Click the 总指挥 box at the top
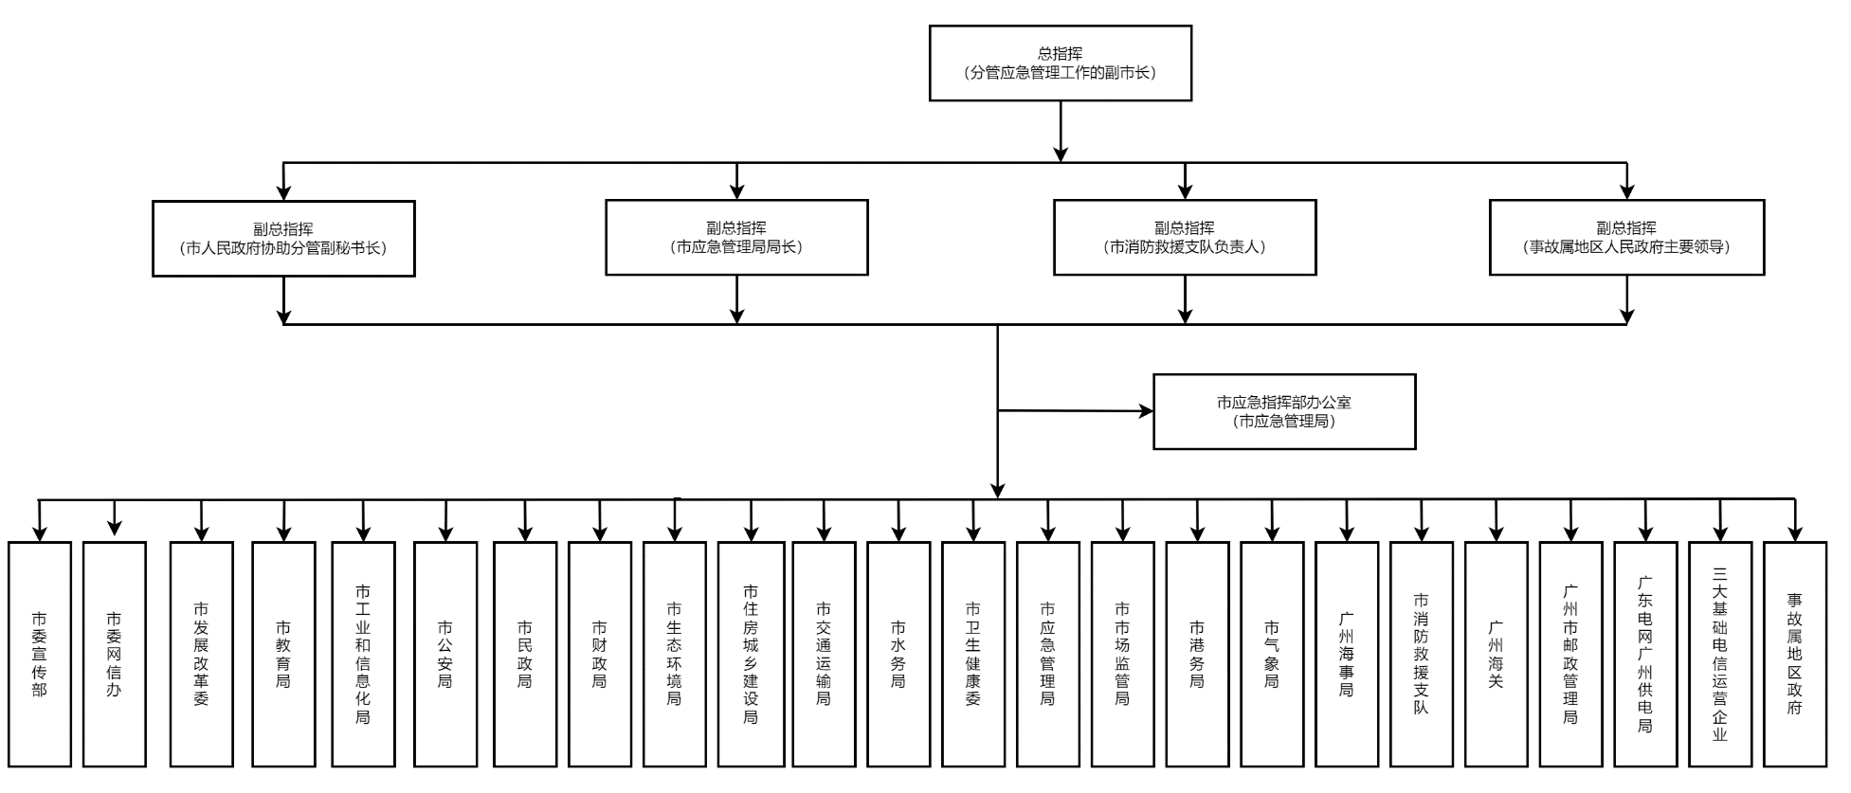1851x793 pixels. coord(1060,63)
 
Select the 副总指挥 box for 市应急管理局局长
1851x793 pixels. coord(736,238)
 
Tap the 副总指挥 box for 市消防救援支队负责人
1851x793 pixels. coord(1185,238)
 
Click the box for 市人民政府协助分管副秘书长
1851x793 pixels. coord(283,239)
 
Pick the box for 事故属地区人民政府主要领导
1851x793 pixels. coord(1626,238)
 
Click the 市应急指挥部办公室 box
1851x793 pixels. coord(1284,411)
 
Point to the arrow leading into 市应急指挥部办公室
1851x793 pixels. coord(1143,411)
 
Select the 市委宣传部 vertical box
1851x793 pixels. coord(40,654)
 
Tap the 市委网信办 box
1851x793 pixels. coord(114,654)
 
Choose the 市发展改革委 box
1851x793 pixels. coord(201,654)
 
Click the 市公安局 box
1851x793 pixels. coord(445,654)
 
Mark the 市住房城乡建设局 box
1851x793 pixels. coord(751,654)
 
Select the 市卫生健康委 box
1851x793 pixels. coord(973,654)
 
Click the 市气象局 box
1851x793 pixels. coord(1272,654)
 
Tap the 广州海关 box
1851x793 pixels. coord(1496,654)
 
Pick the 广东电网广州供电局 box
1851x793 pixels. coord(1645,654)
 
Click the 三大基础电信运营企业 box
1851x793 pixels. coord(1720,654)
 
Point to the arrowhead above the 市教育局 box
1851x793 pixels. coord(283,532)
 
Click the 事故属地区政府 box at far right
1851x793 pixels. coord(1794,654)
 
